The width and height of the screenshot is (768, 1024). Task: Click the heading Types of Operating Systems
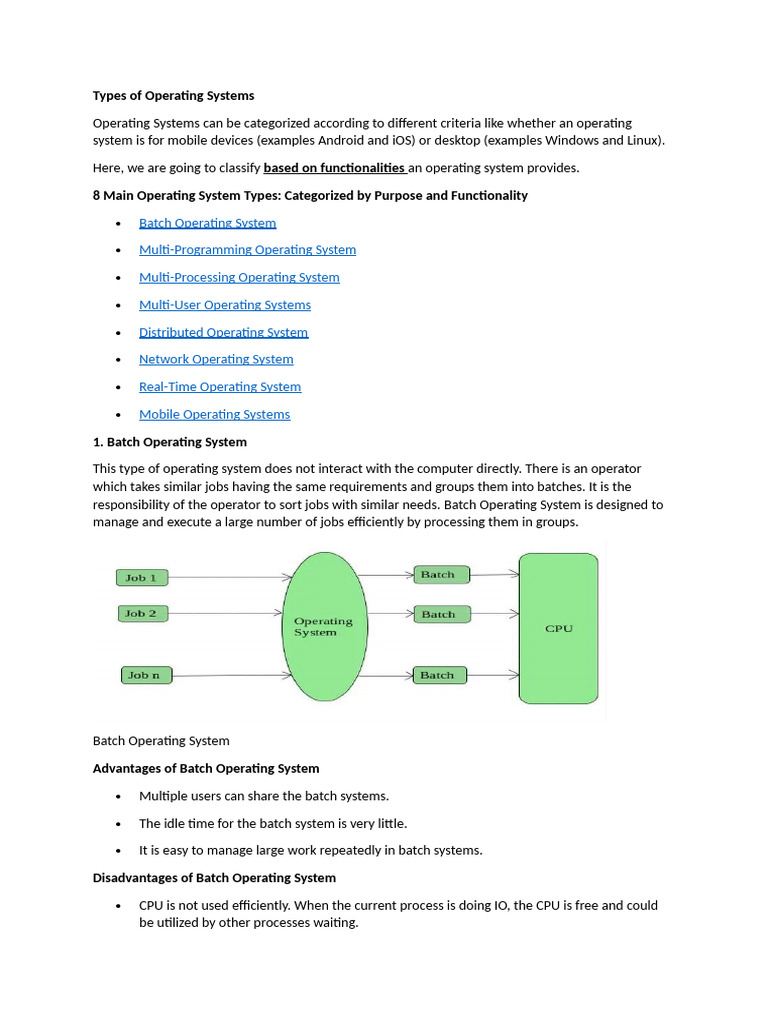pos(173,96)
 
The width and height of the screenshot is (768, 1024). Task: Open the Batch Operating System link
pos(207,223)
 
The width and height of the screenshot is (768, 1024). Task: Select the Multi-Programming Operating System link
pos(247,250)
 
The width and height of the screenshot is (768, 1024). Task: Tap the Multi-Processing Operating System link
pos(239,277)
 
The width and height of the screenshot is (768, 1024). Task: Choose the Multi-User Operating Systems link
pos(225,305)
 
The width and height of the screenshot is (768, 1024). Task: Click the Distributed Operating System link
pos(223,332)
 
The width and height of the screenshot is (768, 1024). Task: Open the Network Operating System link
pos(216,359)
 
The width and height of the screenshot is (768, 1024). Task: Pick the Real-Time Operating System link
pos(220,387)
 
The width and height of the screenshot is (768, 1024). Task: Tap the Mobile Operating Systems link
pos(214,414)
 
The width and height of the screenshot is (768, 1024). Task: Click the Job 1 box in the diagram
pos(142,577)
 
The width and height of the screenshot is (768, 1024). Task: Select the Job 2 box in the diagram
pos(141,614)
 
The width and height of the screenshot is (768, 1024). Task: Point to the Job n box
pos(145,675)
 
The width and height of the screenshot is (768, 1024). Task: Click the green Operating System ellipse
pos(324,627)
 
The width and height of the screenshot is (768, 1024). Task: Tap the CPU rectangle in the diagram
pos(558,628)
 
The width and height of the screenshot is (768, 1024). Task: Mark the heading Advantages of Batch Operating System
pos(206,769)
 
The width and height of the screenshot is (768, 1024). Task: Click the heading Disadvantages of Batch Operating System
pos(214,878)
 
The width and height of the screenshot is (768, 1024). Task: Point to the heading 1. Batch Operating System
pos(170,442)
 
